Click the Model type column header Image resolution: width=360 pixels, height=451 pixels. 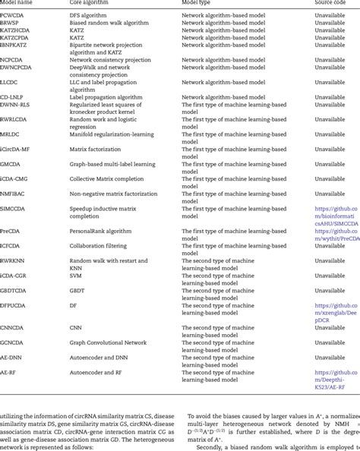point(200,3)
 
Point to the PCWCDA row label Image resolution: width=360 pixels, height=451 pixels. point(13,14)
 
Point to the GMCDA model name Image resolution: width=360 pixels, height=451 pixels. point(12,162)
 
